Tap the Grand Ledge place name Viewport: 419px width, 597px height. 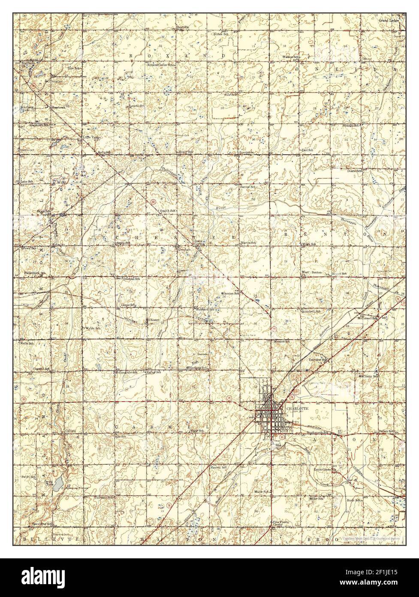click(388, 20)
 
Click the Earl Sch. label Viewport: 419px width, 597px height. click(307, 149)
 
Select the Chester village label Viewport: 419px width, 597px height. click(154, 320)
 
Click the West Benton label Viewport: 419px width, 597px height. click(312, 273)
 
